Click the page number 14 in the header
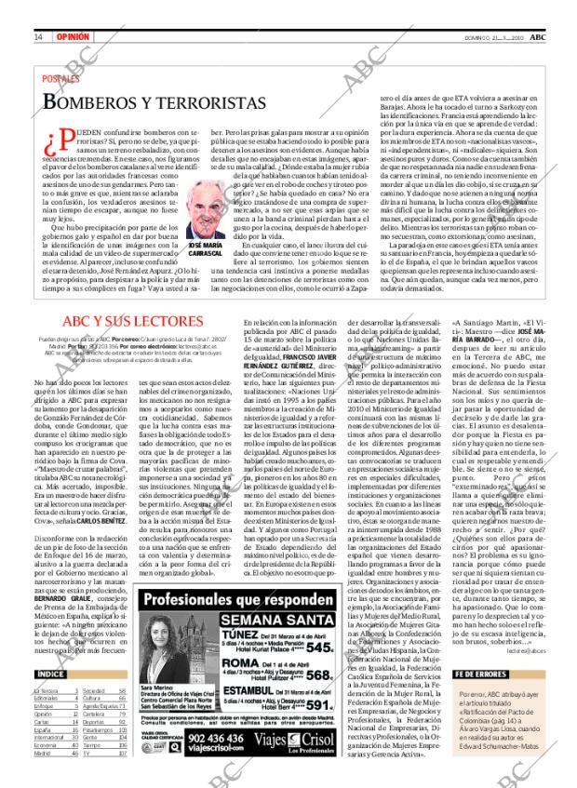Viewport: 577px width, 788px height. pyautogui.click(x=38, y=10)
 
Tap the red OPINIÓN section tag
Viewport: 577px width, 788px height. pyautogui.click(x=73, y=10)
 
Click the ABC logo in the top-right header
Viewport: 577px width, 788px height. pyautogui.click(x=552, y=10)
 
